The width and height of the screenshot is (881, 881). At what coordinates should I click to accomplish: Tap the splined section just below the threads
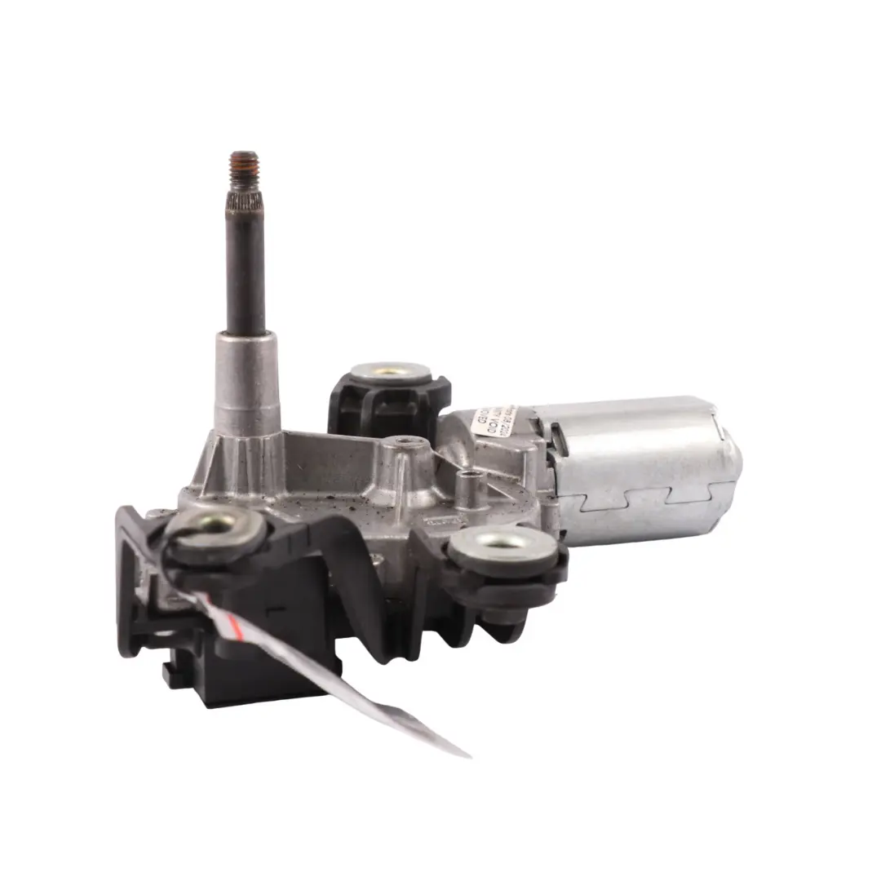tap(245, 195)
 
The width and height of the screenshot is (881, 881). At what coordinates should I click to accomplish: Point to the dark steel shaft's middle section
tap(246, 269)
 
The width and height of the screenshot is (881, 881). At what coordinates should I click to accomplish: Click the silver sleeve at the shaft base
tap(241, 375)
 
